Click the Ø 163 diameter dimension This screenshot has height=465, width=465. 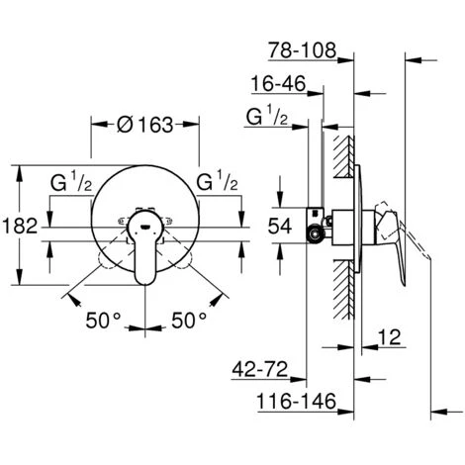pyautogui.click(x=144, y=126)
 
